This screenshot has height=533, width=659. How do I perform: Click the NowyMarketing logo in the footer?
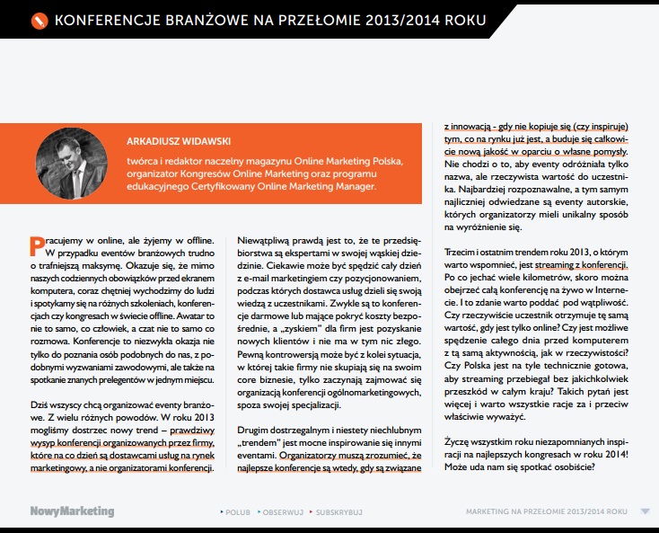click(x=72, y=511)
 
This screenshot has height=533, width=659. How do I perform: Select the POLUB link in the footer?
click(x=236, y=512)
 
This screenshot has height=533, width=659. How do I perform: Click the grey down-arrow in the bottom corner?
click(x=645, y=511)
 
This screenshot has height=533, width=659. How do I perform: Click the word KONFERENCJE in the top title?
click(x=105, y=18)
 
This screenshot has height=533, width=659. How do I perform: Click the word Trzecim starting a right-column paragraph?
click(x=463, y=252)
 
